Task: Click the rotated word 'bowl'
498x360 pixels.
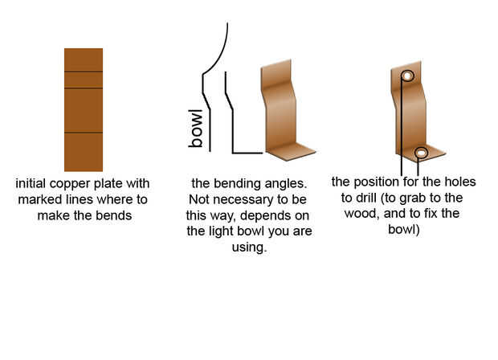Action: [195, 129]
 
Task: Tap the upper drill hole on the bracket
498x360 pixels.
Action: [407, 76]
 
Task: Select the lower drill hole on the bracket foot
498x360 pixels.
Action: [421, 152]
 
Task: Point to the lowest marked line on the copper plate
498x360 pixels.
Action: [84, 132]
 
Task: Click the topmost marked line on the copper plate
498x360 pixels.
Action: [84, 72]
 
